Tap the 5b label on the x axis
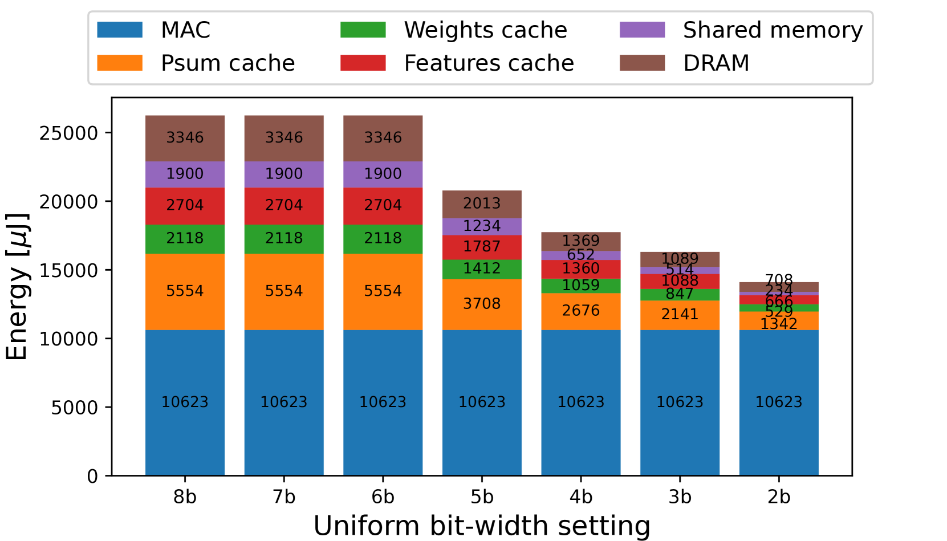coord(482,497)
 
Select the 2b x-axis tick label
coord(779,497)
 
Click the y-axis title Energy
coord(17,287)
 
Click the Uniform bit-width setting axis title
coord(482,526)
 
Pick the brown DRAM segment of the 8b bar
coord(185,139)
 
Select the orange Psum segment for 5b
coord(482,304)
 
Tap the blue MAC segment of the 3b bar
coord(680,402)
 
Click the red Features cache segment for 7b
coord(284,206)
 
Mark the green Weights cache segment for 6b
coord(383,239)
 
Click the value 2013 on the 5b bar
coord(482,204)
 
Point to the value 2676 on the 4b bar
coord(580,311)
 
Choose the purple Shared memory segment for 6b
coord(383,174)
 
